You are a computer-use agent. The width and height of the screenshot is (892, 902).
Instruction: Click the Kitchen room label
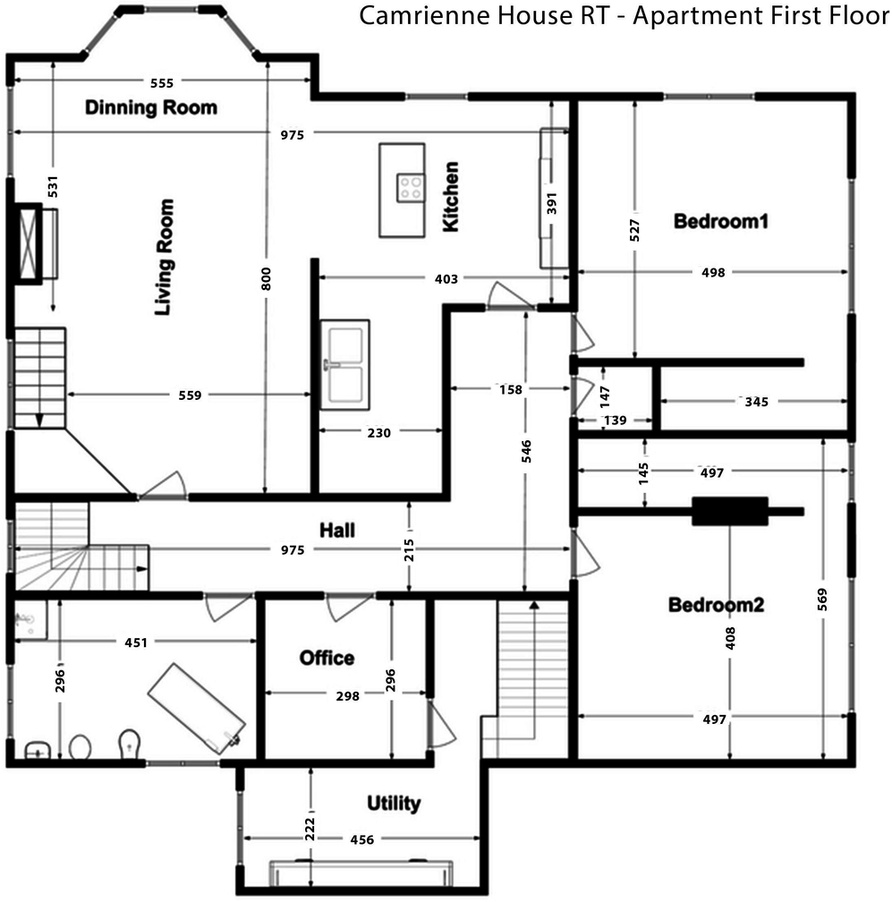click(451, 197)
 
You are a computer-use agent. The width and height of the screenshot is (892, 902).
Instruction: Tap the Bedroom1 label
click(721, 220)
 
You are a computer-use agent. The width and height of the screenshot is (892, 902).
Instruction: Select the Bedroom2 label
click(717, 605)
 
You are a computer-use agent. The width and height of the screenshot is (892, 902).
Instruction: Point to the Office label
click(327, 658)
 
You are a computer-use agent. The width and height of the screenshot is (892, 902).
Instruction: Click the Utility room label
click(394, 803)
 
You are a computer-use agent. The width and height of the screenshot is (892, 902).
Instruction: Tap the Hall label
click(337, 530)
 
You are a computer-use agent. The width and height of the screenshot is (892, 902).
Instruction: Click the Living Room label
click(163, 258)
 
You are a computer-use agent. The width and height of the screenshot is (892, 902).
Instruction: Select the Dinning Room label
click(151, 108)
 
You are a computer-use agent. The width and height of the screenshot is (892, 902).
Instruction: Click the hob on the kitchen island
click(412, 187)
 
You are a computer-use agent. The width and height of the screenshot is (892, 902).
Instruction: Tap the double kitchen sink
click(345, 364)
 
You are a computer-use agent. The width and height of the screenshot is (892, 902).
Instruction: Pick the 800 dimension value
click(266, 279)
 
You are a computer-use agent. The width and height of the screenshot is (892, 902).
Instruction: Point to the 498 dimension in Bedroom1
click(713, 272)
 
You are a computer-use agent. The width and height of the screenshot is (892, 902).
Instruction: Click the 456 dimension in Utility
click(362, 839)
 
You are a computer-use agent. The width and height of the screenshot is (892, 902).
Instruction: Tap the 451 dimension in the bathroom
click(136, 641)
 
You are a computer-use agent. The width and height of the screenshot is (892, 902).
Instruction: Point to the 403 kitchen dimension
click(446, 279)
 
